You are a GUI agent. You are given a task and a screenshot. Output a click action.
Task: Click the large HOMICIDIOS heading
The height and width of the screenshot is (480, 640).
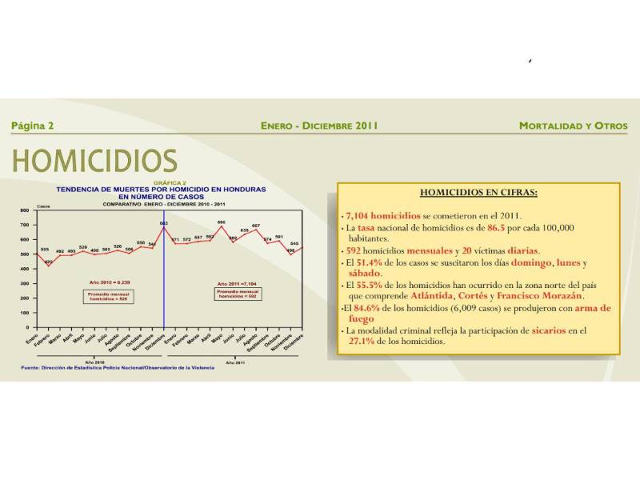(94, 161)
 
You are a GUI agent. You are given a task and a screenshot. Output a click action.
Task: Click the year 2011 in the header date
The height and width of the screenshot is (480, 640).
(363, 126)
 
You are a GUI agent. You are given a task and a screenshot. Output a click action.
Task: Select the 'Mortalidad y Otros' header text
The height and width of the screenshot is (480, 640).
(573, 126)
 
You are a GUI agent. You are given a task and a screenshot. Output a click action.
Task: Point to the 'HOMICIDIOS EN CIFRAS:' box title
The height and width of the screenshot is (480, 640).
(478, 193)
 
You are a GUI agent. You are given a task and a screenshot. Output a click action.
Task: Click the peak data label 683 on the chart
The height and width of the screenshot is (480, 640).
(163, 222)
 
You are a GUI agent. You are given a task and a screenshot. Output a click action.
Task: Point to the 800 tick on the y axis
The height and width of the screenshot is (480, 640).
(24, 210)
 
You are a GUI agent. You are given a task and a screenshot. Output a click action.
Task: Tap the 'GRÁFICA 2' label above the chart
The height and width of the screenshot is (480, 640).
(163, 182)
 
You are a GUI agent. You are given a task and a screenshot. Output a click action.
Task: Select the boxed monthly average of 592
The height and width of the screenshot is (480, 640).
(238, 294)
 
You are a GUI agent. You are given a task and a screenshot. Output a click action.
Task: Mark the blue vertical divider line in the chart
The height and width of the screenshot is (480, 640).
(163, 280)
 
